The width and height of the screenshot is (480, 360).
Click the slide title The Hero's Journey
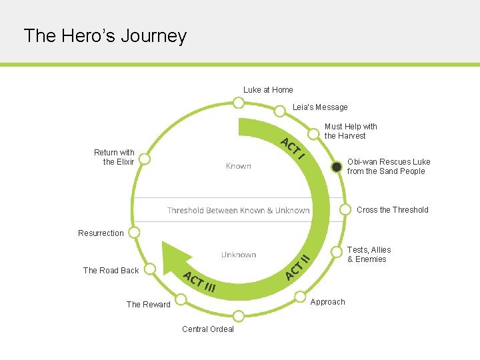tap(105, 35)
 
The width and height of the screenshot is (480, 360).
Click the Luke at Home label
tap(268, 90)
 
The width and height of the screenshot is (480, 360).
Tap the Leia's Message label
tap(320, 107)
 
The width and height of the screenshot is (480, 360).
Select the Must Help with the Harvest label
tap(351, 131)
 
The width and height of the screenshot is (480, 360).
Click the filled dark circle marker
tap(337, 167)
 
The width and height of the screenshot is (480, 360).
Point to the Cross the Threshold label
tap(392, 210)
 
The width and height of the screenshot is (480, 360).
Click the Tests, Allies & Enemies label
tap(369, 255)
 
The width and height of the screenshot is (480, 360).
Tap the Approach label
tap(328, 302)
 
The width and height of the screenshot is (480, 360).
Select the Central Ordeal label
tap(208, 329)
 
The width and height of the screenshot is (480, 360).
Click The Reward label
tap(149, 305)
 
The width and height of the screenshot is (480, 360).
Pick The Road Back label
tap(111, 271)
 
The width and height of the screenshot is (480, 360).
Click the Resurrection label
tap(101, 233)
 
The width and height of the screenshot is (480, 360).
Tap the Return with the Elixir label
tap(114, 157)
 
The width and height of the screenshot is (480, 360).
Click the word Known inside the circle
tap(238, 166)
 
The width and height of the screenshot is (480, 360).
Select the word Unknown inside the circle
tap(239, 255)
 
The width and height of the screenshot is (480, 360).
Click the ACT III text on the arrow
tap(199, 283)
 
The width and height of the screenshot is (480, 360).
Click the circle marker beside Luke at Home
tap(238, 103)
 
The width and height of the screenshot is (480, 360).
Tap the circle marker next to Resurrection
tap(134, 233)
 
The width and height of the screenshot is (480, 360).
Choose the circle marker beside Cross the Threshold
tap(345, 209)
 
